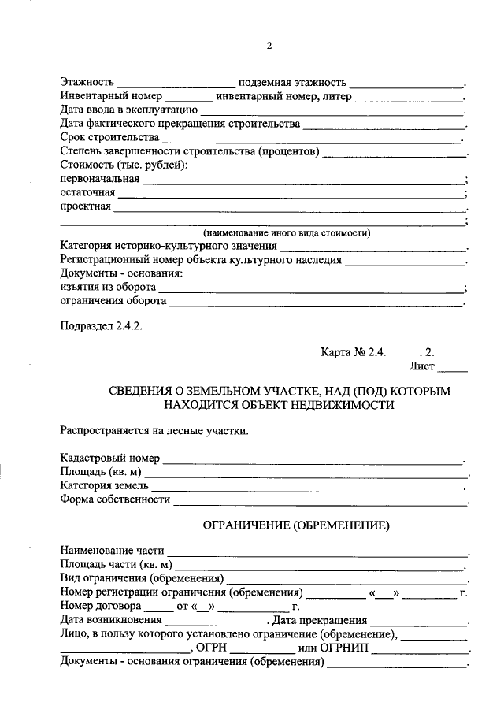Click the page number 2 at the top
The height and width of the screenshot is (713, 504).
[x=269, y=46]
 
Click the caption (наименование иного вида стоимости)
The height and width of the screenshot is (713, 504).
[x=287, y=234]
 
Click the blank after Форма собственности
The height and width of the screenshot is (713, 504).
[x=319, y=502]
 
